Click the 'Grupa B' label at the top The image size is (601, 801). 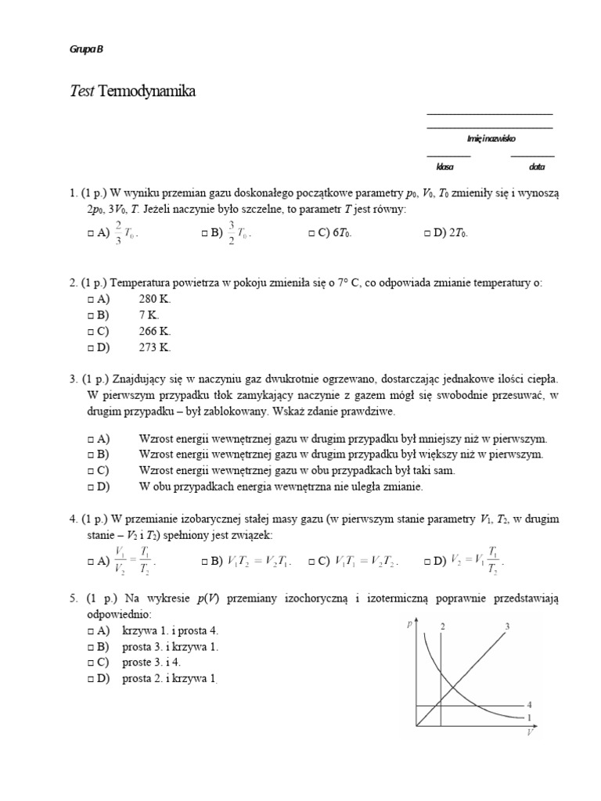tap(87, 49)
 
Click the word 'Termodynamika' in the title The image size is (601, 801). tap(146, 92)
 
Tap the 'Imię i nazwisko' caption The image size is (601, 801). tap(491, 138)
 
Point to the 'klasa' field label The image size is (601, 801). tap(445, 167)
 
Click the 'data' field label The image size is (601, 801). tap(537, 167)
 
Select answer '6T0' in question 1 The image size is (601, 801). tap(331, 232)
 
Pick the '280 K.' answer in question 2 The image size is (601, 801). tap(154, 299)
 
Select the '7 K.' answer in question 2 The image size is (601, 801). tap(149, 314)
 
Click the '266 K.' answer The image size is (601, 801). tap(154, 331)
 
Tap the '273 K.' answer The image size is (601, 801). tap(154, 347)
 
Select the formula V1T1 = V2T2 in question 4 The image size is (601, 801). tap(367, 562)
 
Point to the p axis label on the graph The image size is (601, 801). tap(409, 624)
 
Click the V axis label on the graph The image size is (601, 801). tap(530, 733)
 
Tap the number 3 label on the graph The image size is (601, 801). tap(507, 626)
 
